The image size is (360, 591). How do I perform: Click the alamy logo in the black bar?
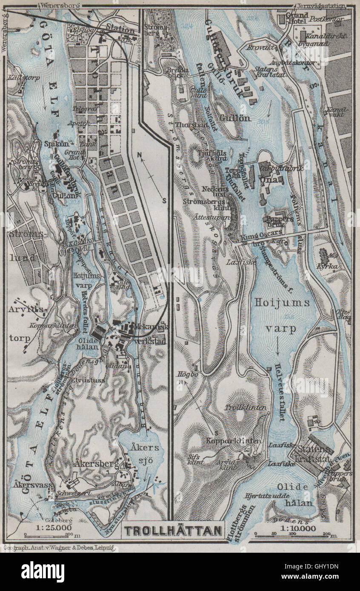click(43, 571)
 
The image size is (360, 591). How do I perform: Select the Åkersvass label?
click(26, 484)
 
